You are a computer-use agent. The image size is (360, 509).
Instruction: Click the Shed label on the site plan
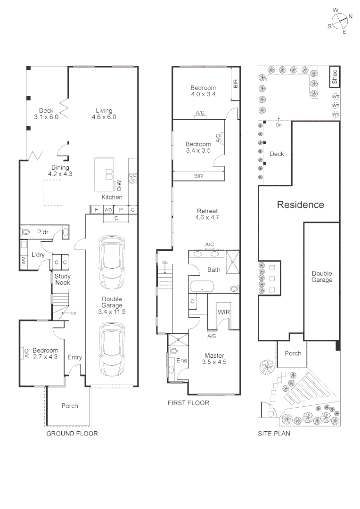click(335, 77)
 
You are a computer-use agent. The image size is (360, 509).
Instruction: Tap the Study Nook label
click(62, 279)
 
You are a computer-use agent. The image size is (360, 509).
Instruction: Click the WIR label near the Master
click(223, 312)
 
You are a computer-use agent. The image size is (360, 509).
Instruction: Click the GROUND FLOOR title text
click(72, 433)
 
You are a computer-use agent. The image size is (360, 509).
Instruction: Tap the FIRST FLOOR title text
click(188, 403)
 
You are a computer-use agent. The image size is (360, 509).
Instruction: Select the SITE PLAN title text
click(274, 433)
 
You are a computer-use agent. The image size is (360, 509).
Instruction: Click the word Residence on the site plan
click(300, 205)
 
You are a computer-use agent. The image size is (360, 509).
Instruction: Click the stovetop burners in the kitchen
click(133, 178)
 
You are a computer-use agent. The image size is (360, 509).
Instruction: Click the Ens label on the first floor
click(181, 361)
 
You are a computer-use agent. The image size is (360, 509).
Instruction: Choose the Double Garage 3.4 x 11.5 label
click(112, 305)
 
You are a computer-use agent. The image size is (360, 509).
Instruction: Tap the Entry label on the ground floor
click(74, 357)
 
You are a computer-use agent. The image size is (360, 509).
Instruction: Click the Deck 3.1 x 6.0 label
click(46, 114)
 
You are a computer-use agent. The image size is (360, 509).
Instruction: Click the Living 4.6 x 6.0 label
click(104, 114)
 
